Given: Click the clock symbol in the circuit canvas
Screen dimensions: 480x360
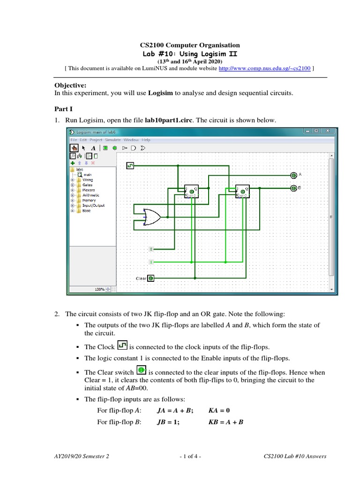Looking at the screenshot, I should pyautogui.click(x=130, y=165).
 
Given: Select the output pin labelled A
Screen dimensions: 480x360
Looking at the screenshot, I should pyautogui.click(x=293, y=175).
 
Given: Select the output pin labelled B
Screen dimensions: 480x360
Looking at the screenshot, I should pyautogui.click(x=293, y=188).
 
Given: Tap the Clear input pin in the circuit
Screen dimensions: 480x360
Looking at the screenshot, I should pyautogui.click(x=151, y=278).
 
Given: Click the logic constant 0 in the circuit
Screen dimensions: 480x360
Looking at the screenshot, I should pyautogui.click(x=151, y=248).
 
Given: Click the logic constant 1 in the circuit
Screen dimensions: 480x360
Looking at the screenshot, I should pyautogui.click(x=151, y=262).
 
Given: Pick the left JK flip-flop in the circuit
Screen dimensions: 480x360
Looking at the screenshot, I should pyautogui.click(x=191, y=191).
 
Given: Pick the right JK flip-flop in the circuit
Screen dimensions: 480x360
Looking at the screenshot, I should pyautogui.click(x=242, y=191).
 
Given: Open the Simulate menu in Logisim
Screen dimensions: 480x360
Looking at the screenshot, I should pyautogui.click(x=113, y=140).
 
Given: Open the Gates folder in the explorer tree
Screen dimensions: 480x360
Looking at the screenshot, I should pyautogui.click(x=87, y=185).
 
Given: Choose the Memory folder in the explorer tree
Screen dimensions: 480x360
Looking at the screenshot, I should pyautogui.click(x=89, y=200).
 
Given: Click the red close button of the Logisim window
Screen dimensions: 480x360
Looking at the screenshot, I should pyautogui.click(x=328, y=131).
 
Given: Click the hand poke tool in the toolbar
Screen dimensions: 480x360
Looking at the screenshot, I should pyautogui.click(x=75, y=148).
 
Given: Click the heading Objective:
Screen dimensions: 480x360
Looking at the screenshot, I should pyautogui.click(x=71, y=85).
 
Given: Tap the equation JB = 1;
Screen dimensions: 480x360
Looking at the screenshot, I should pyautogui.click(x=168, y=422).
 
